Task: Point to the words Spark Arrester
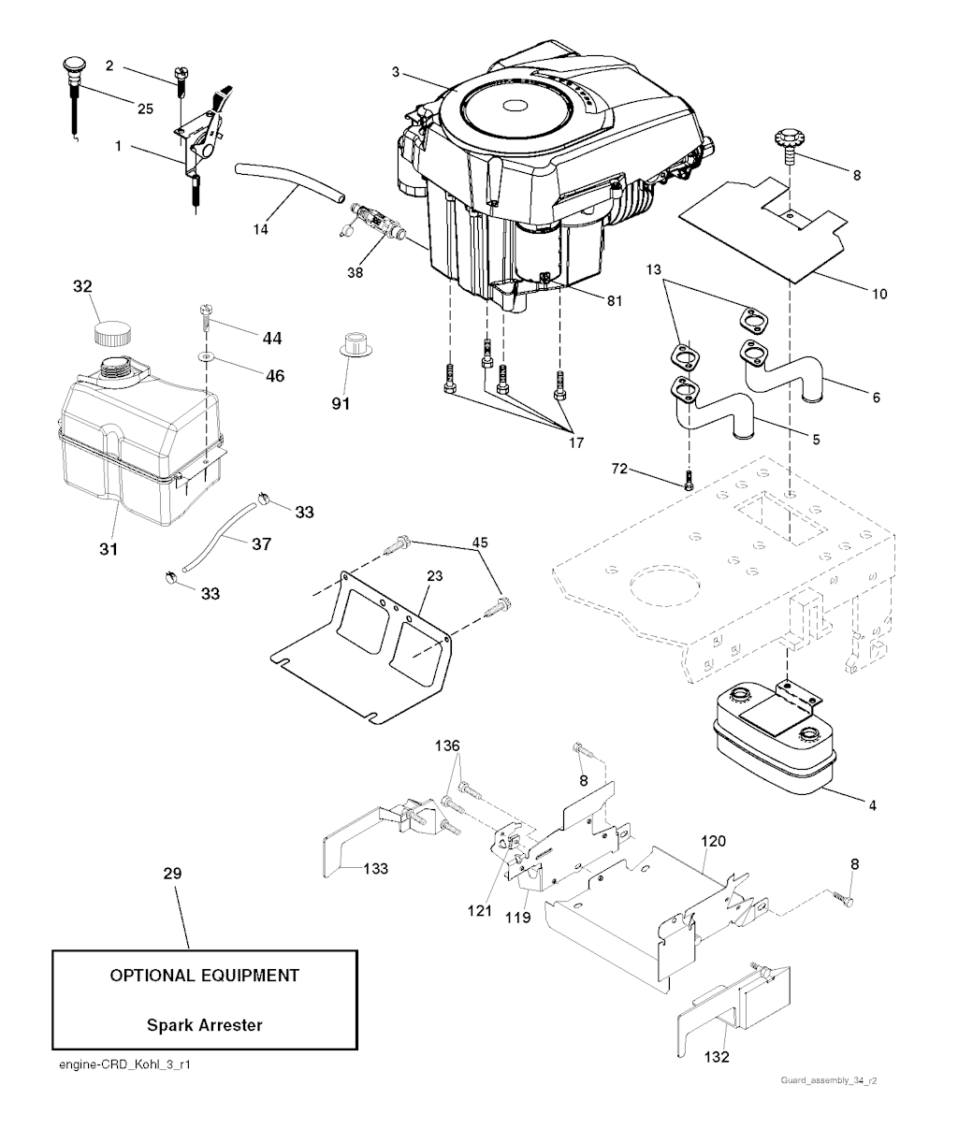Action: tap(204, 1024)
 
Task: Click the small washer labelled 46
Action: tap(204, 357)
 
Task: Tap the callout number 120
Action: tap(713, 842)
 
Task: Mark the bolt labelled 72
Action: tap(688, 479)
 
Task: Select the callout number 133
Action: tap(376, 868)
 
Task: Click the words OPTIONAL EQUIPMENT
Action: tap(205, 975)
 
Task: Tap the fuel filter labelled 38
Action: tap(376, 226)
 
